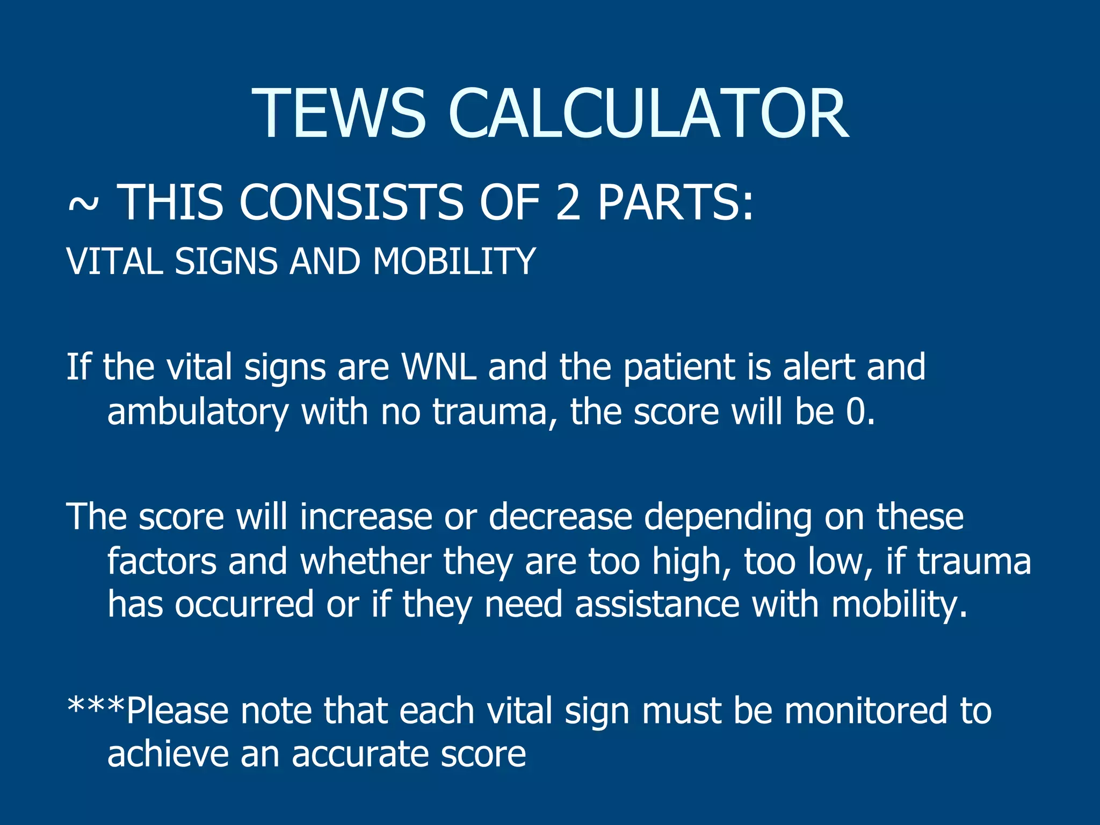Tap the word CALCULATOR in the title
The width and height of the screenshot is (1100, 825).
pyautogui.click(x=648, y=114)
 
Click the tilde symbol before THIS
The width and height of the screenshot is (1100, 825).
pyautogui.click(x=83, y=204)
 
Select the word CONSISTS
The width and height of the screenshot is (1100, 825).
pyautogui.click(x=351, y=202)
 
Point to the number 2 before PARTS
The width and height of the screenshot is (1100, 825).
pyautogui.click(x=568, y=202)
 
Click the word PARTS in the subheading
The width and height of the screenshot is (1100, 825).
pyautogui.click(x=675, y=202)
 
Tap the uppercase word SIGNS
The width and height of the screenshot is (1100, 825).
pyautogui.click(x=226, y=262)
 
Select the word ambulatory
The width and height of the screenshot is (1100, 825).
pyautogui.click(x=198, y=412)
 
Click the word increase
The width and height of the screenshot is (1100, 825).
pyautogui.click(x=366, y=517)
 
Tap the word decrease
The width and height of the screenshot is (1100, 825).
pyautogui.click(x=560, y=517)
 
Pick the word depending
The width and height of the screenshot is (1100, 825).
pyautogui.click(x=728, y=518)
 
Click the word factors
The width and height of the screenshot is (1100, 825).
pyautogui.click(x=162, y=561)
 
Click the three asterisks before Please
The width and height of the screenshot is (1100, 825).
pyautogui.click(x=96, y=705)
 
